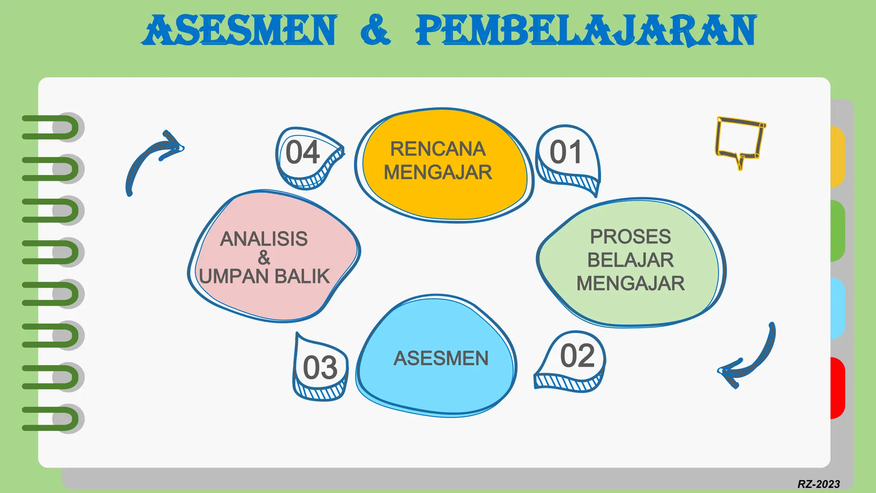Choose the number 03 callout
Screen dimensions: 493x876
click(320, 368)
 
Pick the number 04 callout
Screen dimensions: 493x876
click(303, 153)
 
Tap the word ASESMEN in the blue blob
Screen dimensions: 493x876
click(441, 359)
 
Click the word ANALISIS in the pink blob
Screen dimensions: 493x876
click(264, 239)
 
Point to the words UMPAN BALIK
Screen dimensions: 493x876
click(264, 276)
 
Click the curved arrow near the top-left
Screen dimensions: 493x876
click(152, 158)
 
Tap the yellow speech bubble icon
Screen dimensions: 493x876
click(740, 139)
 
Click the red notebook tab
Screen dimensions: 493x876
click(838, 388)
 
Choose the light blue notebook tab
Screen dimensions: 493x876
click(838, 308)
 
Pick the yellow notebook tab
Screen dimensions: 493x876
click(838, 157)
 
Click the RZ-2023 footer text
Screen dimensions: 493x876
click(818, 484)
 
